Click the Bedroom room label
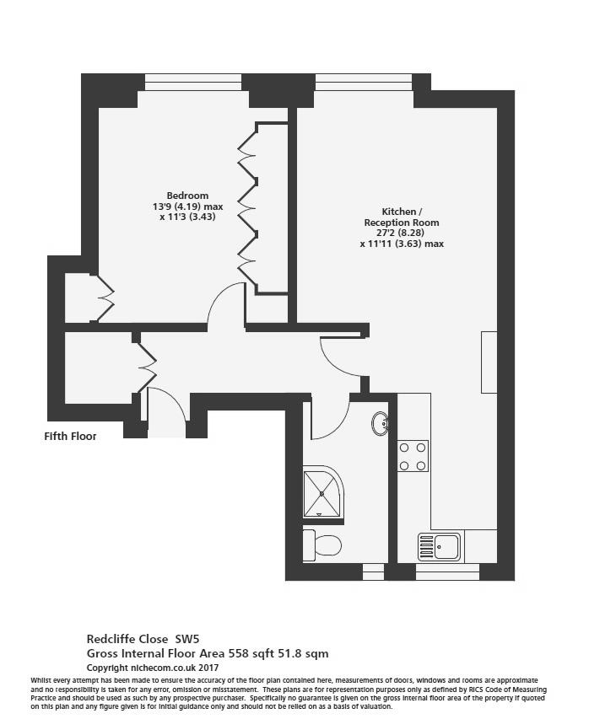[x=187, y=196]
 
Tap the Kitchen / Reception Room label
[x=402, y=217]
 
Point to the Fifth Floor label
[x=70, y=436]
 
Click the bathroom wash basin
[x=380, y=423]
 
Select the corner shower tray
[x=323, y=494]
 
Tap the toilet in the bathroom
[x=322, y=545]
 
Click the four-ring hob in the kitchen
[x=413, y=456]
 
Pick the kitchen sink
[x=439, y=546]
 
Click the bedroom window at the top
[x=193, y=83]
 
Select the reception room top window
[x=364, y=83]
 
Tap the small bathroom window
[x=373, y=571]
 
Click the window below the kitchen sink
[x=447, y=571]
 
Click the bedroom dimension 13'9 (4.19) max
[x=188, y=207]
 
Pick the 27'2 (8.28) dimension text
[x=400, y=233]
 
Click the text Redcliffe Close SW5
[x=143, y=639]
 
